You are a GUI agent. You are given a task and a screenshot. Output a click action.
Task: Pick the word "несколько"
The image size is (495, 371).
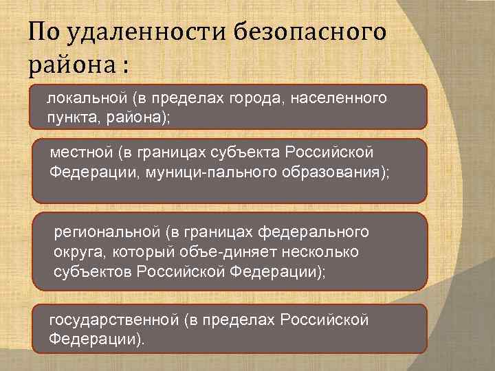pyautogui.click(x=328, y=252)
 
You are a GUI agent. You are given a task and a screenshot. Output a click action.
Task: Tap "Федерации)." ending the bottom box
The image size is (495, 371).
pyautogui.click(x=97, y=339)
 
